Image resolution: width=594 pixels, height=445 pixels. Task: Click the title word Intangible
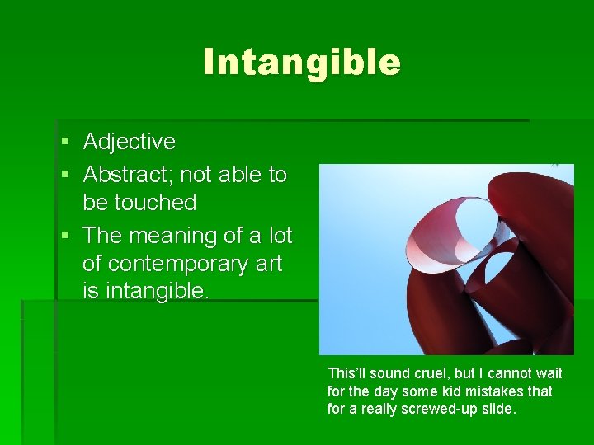point(302,62)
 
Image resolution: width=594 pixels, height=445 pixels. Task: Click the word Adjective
point(130,142)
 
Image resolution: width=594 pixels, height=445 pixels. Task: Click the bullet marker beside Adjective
point(65,143)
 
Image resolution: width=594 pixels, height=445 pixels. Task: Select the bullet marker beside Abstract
point(65,176)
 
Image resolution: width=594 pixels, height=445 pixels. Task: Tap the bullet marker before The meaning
point(65,237)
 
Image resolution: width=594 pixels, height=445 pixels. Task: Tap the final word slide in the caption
point(498,410)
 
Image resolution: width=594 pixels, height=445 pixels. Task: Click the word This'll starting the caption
point(346,373)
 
